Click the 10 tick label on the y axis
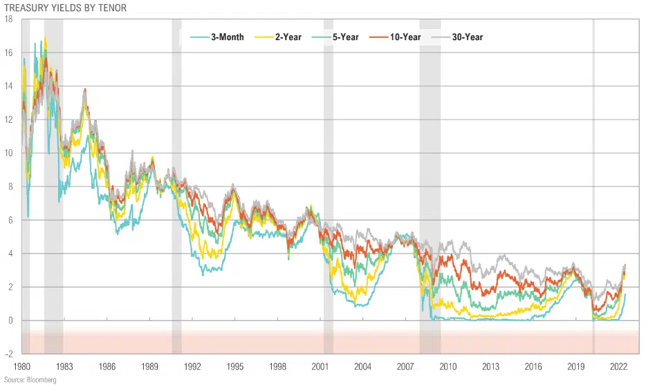point(8,153)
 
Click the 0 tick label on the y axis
point(10,321)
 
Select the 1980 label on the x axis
point(23,366)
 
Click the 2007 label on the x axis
point(405,366)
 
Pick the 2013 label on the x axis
point(490,366)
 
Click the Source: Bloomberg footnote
point(30,380)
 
